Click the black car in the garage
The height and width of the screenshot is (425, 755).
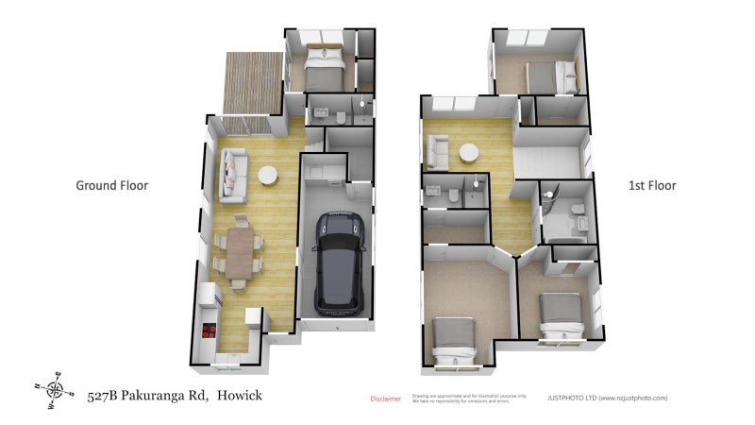coord(338,262)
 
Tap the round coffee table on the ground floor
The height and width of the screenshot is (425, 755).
coord(269,176)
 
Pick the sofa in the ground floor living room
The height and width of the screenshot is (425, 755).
coord(233,178)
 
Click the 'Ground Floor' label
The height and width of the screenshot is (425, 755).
coord(112,186)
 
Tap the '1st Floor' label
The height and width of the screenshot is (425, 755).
coord(652,186)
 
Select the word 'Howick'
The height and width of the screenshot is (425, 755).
coord(240,396)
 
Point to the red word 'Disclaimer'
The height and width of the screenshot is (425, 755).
coord(385,399)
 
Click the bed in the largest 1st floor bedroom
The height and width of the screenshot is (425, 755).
coord(453,341)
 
